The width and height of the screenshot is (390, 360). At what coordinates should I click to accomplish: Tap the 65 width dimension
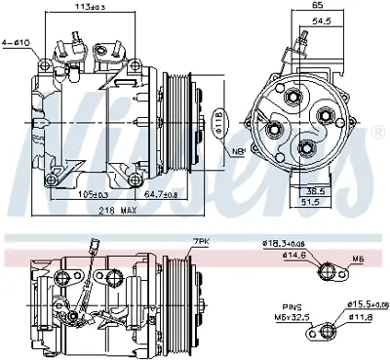(x=318, y=7)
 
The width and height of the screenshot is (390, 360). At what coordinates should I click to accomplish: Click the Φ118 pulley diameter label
(x=216, y=125)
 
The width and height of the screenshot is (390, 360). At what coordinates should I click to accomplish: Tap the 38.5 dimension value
(x=342, y=192)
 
